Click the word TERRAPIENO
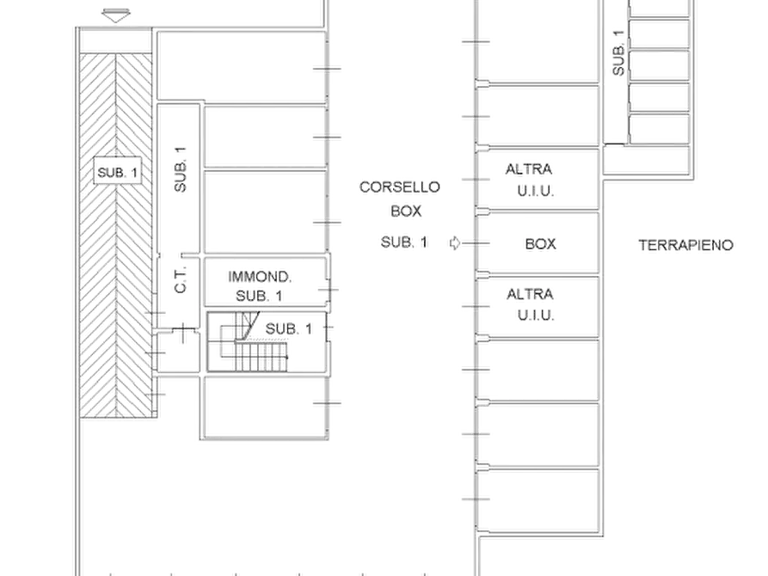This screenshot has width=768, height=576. point(685,245)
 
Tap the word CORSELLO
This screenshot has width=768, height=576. point(400,187)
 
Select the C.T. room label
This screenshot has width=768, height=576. point(181,279)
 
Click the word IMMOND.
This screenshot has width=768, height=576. point(260,277)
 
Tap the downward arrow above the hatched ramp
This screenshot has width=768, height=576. point(116,15)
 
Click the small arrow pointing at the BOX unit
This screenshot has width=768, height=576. point(455,243)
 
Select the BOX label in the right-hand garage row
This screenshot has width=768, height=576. point(540,244)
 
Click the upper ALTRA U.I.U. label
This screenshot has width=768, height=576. point(530,180)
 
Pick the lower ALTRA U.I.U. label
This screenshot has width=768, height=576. point(531,304)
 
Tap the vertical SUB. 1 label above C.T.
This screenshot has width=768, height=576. point(181,169)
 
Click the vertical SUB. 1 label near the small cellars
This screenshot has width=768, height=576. point(618,53)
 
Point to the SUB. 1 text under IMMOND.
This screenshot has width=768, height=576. point(259,296)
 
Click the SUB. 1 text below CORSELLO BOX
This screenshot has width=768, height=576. point(404,242)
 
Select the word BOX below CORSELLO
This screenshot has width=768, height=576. point(406,211)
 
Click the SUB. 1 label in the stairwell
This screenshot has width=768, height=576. point(288,328)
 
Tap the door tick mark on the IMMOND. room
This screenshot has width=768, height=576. point(329,290)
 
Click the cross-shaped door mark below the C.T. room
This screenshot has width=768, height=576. point(182,333)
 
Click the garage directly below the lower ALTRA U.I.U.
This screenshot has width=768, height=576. point(538,371)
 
